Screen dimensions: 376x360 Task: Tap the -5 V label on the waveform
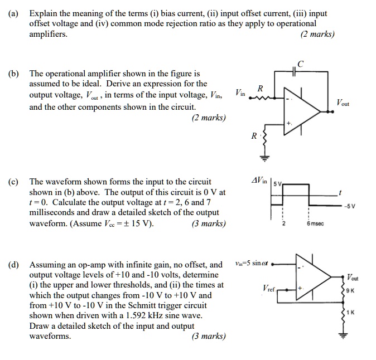coord(349,205)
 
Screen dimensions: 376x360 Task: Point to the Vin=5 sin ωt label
coord(252,264)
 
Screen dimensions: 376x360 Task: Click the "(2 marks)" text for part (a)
coord(317,34)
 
